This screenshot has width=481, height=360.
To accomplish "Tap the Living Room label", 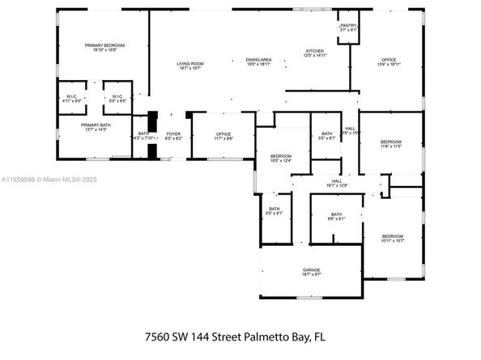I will (x=190, y=63).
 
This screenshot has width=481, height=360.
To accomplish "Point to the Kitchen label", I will (x=314, y=51).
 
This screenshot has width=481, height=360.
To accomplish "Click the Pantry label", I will (x=348, y=25).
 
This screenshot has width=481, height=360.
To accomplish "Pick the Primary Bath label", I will (x=94, y=125).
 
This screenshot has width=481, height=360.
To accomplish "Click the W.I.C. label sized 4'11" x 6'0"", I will (x=71, y=98).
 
